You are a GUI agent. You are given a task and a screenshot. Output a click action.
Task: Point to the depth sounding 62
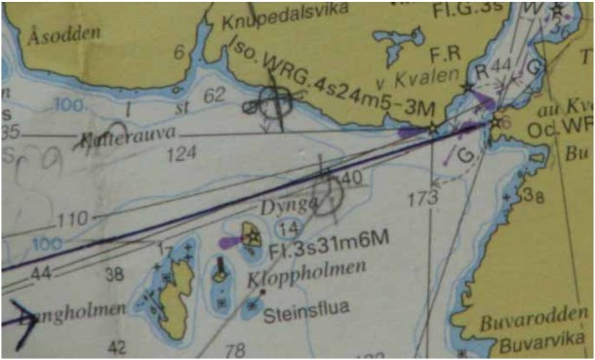coord(216,94)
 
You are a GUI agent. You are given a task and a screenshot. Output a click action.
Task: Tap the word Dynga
coord(282,206)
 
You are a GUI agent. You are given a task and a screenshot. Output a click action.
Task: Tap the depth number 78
coord(234,350)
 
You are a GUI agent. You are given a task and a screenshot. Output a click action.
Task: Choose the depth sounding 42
coord(117,347)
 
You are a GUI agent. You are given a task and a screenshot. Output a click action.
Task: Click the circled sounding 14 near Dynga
coord(287,228)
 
